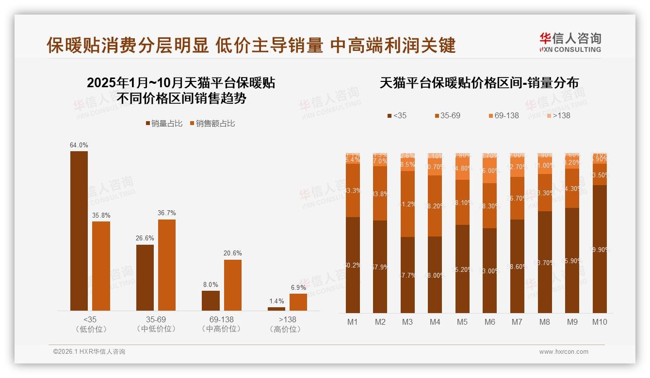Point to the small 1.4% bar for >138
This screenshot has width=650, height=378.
pos(276,309)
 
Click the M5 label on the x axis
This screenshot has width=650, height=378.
pos(462,322)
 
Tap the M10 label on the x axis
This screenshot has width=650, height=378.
pos(600,322)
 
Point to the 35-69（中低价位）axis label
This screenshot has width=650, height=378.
pos(156,324)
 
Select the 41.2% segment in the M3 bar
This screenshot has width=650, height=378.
pos(407,204)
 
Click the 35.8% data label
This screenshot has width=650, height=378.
pos(101,215)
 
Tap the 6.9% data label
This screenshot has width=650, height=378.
pos(298,287)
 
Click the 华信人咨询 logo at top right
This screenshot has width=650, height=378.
pos(570,42)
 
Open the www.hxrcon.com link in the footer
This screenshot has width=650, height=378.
pos(564,352)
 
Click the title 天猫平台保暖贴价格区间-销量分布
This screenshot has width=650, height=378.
pos(479,83)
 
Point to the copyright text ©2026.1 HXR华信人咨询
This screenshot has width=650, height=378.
pos(89,352)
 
